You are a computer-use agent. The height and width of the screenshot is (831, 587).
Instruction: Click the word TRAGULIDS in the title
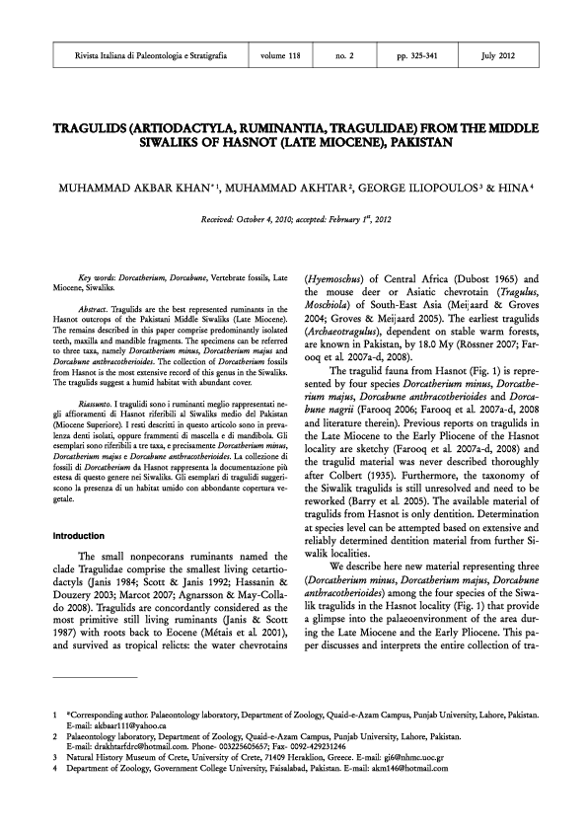click(82, 128)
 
